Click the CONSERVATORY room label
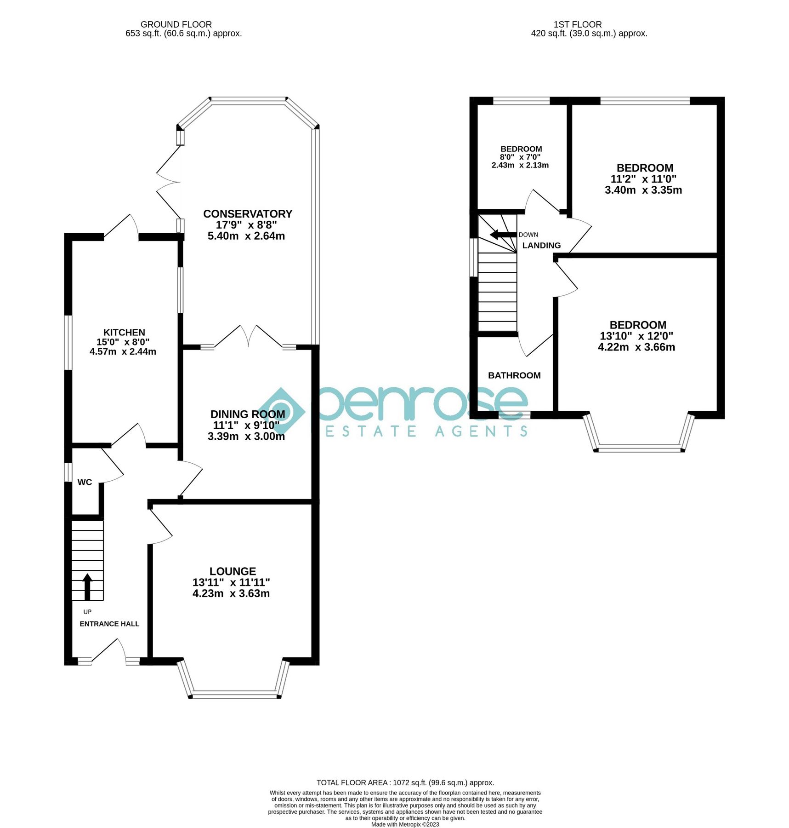click(x=248, y=214)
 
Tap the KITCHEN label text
click(x=124, y=332)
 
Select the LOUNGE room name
click(x=233, y=571)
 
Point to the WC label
click(x=85, y=482)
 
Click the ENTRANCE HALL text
click(x=109, y=624)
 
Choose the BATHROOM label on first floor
click(x=514, y=375)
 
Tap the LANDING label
click(x=541, y=245)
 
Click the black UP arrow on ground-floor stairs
click(x=87, y=586)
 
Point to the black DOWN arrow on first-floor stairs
click(x=503, y=235)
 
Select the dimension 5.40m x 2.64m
click(x=246, y=236)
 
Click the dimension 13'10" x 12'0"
click(x=636, y=336)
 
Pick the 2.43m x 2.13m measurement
click(x=520, y=165)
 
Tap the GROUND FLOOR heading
click(x=176, y=24)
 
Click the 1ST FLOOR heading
click(x=578, y=24)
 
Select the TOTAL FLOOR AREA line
click(x=405, y=782)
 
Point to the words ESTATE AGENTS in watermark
click(x=426, y=431)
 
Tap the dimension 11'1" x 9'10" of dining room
click(x=246, y=425)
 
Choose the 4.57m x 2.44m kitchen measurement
click(x=123, y=352)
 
